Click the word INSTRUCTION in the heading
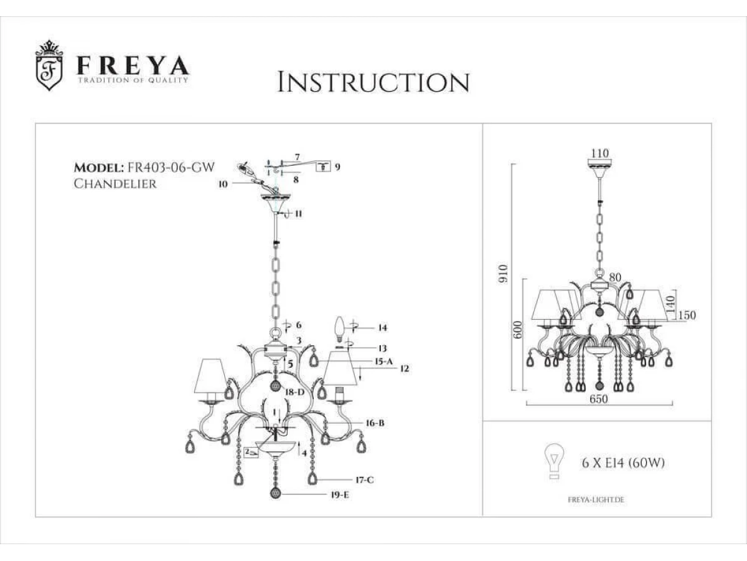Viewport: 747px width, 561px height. click(x=373, y=82)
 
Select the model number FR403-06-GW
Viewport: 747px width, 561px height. click(x=171, y=168)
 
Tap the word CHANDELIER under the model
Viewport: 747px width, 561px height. click(x=115, y=184)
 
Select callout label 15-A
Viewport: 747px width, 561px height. click(x=383, y=362)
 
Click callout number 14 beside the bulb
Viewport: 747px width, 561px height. click(x=382, y=327)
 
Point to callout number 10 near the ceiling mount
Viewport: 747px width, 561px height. click(x=222, y=184)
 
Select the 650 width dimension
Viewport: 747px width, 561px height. click(x=598, y=400)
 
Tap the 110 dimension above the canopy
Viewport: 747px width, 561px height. click(x=600, y=153)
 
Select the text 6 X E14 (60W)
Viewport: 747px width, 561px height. click(x=624, y=463)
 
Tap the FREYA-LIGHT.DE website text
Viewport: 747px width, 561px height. click(x=596, y=500)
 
